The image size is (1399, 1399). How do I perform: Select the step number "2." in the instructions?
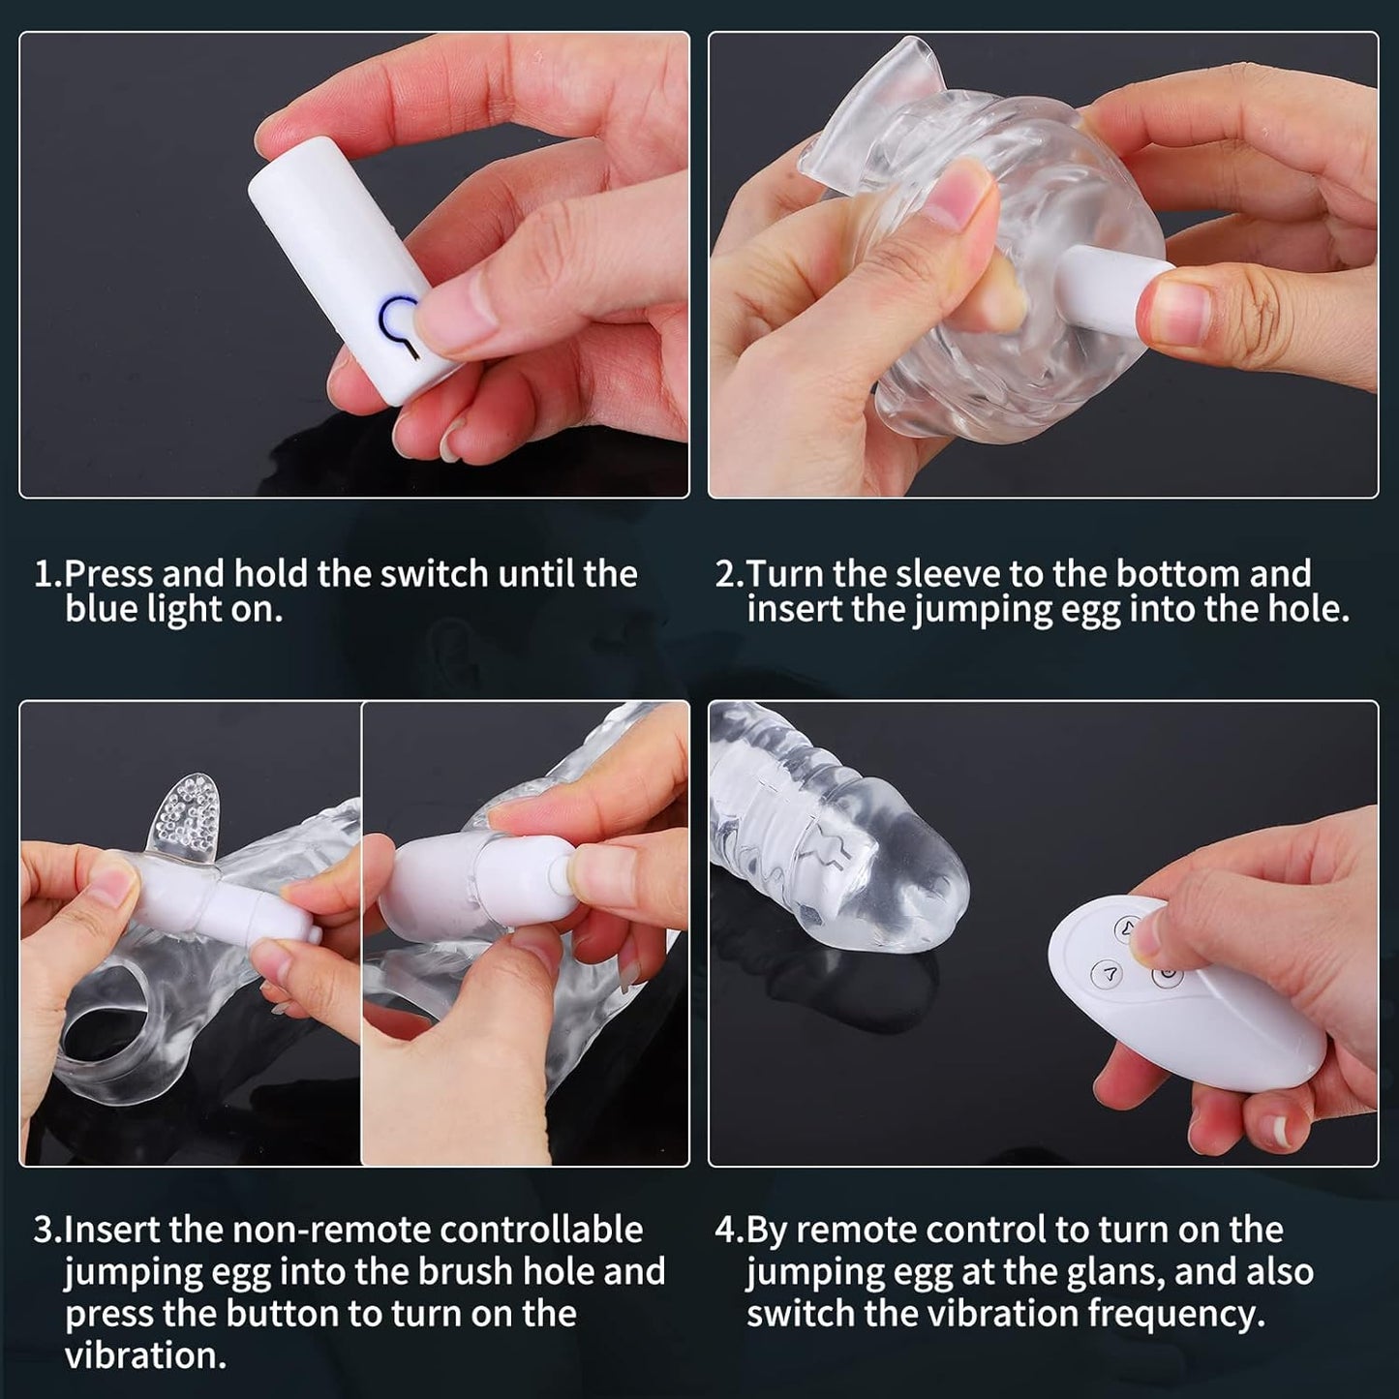pyautogui.click(x=730, y=574)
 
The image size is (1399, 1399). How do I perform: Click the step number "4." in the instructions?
pyautogui.click(x=730, y=1230)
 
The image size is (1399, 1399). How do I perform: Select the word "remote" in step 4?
pyautogui.click(x=860, y=1230)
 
